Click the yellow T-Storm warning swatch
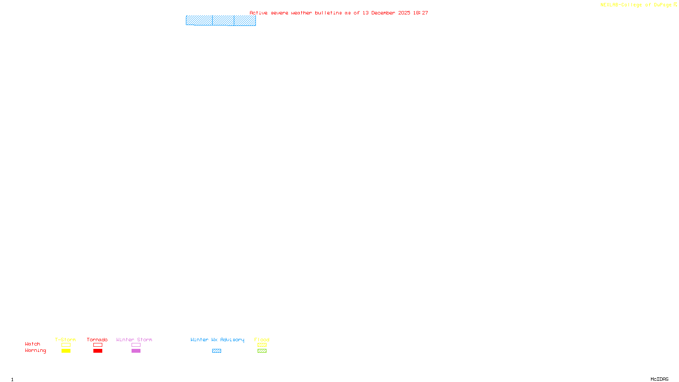(66, 351)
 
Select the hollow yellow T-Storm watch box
(66, 345)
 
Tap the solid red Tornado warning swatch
(98, 351)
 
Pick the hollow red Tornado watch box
(98, 345)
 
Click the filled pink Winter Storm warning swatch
(136, 351)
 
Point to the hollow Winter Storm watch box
(136, 345)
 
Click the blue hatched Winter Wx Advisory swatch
(216, 351)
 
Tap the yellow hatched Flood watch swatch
(262, 345)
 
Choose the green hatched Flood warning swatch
(262, 351)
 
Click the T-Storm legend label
(65, 340)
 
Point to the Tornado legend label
(97, 340)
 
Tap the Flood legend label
(262, 340)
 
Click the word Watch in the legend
(33, 344)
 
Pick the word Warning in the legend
(36, 351)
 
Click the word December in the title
(383, 13)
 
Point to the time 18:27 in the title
(421, 13)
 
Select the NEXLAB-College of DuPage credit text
(636, 5)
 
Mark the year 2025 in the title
(404, 13)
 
